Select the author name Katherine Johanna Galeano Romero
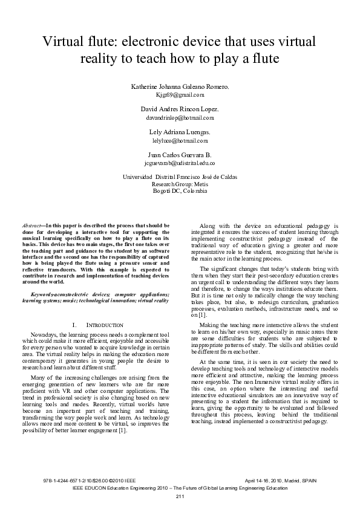click(180, 87)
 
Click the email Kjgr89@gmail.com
click(180, 96)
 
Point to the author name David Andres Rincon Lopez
click(180, 109)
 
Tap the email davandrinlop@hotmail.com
click(180, 117)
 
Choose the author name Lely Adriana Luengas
click(180, 131)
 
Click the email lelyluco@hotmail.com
click(180, 140)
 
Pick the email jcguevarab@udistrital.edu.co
click(180, 163)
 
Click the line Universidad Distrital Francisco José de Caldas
click(180, 177)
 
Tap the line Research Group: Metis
click(180, 183)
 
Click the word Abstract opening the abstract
click(31, 225)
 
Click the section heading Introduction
click(106, 325)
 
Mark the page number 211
click(180, 496)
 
